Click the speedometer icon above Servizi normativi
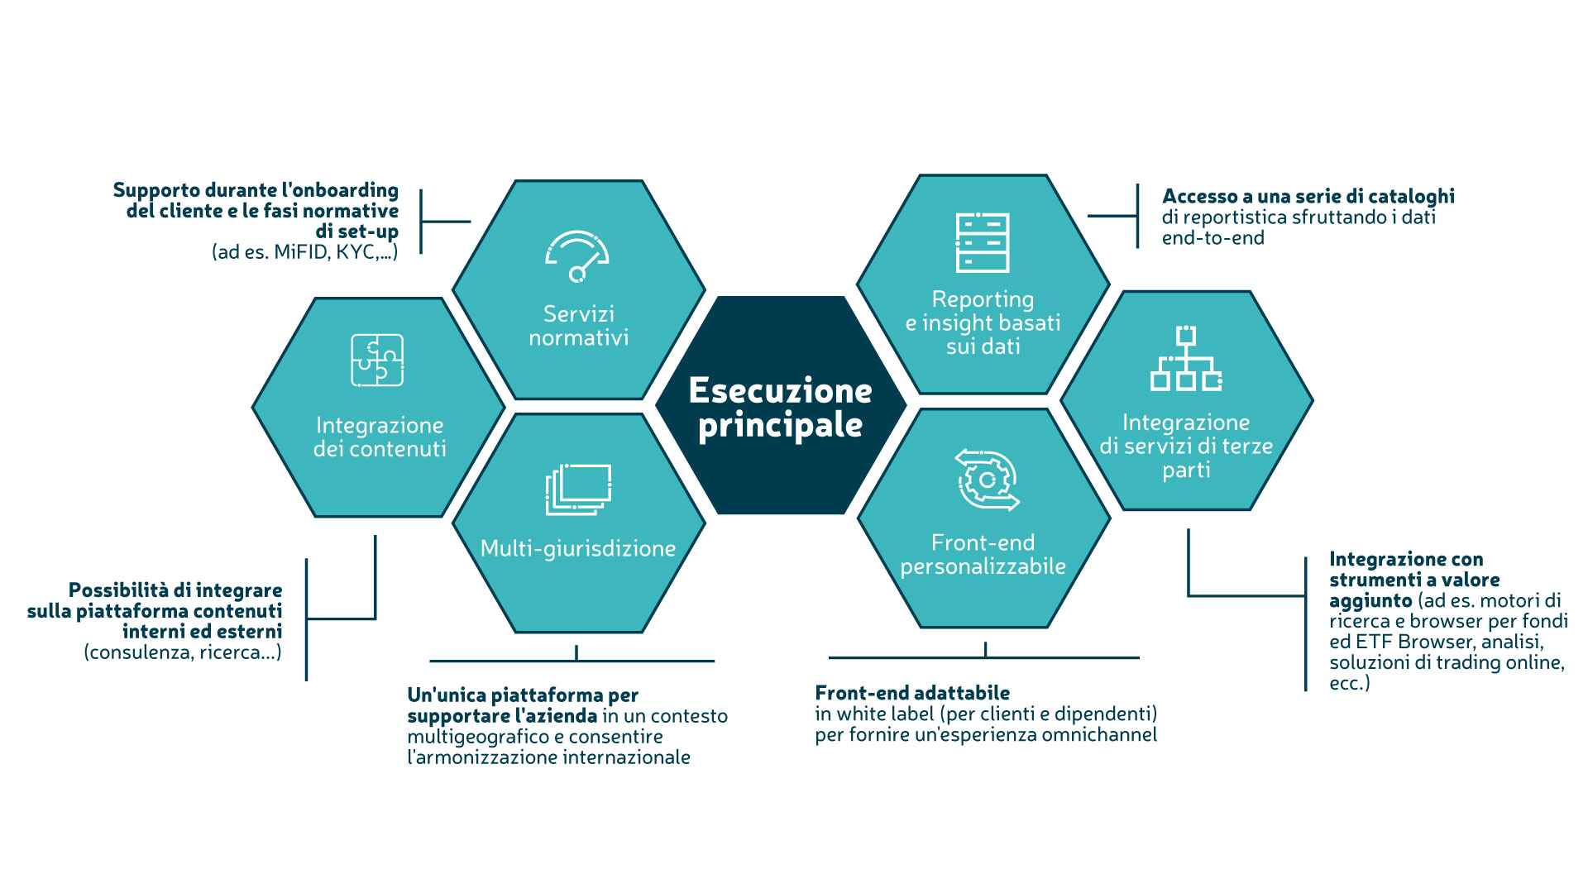[x=577, y=255]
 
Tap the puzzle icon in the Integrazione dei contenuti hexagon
[x=377, y=360]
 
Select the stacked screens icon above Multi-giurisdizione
[x=578, y=489]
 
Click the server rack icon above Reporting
[x=983, y=242]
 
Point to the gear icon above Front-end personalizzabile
[x=987, y=480]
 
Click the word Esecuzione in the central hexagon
[x=780, y=390]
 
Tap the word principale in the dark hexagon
[x=780, y=425]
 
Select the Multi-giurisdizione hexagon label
[x=578, y=548]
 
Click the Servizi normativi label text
[x=578, y=326]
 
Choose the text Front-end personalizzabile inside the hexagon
[x=983, y=554]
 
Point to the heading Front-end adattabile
[x=912, y=693]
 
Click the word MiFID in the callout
[x=301, y=252]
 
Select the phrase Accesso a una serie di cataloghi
[x=1308, y=196]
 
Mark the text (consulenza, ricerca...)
[x=183, y=652]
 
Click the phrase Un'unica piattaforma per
[x=523, y=695]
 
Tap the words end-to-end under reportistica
[x=1213, y=238]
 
